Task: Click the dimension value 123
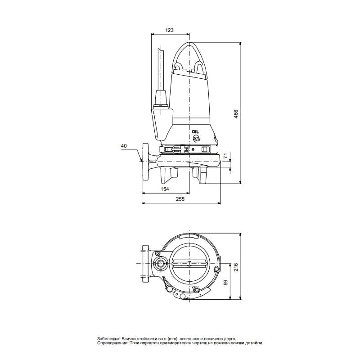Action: point(169,30)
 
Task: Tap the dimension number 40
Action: point(124,146)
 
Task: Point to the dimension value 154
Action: point(165,189)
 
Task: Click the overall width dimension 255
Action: point(180,199)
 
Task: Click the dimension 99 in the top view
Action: point(226,283)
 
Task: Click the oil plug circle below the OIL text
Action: point(195,139)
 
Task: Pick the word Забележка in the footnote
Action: point(108,338)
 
